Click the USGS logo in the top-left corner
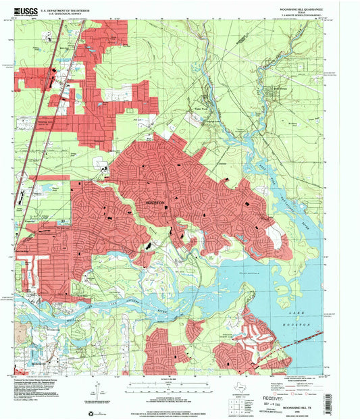[x=22, y=11]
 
